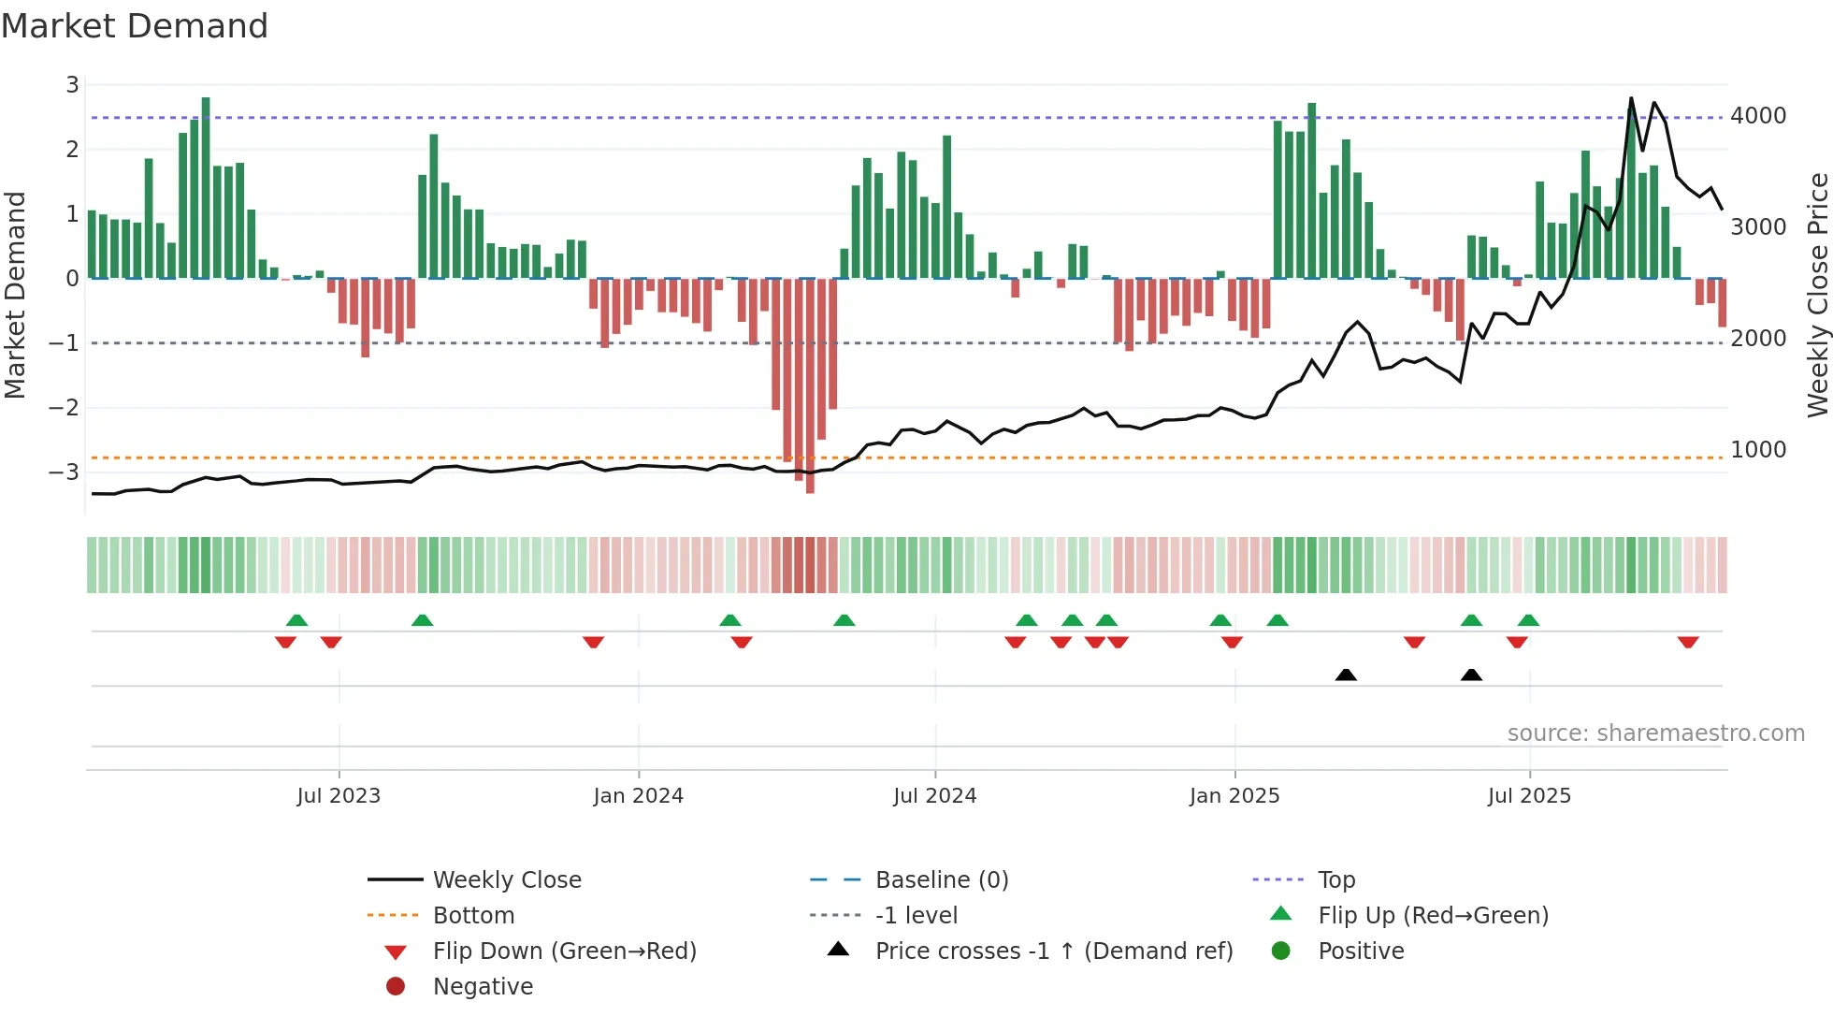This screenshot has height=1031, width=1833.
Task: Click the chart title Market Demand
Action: click(135, 26)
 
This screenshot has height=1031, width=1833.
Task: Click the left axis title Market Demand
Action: click(15, 295)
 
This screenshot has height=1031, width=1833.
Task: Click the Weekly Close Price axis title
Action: click(1817, 295)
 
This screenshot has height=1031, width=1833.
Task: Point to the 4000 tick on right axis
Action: click(1758, 116)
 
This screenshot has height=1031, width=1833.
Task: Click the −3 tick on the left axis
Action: click(64, 472)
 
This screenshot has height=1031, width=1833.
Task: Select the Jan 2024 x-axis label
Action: click(638, 796)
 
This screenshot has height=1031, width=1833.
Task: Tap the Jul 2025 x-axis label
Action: click(1529, 796)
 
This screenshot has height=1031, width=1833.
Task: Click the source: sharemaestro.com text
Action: click(1655, 733)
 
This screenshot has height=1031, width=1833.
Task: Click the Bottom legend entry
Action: click(473, 916)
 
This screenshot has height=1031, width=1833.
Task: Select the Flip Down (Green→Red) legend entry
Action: click(564, 951)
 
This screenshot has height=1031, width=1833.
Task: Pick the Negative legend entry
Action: click(483, 987)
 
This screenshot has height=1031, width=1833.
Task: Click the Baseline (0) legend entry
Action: click(941, 880)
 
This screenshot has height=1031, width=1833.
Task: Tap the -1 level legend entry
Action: click(916, 916)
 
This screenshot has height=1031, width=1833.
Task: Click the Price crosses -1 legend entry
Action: click(1053, 951)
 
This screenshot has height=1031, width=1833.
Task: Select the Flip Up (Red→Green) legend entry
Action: click(1433, 916)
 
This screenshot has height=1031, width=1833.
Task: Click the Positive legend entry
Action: click(1361, 951)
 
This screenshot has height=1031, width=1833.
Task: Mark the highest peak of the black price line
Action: click(1631, 97)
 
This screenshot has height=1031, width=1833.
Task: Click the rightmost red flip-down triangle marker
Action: click(1688, 642)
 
